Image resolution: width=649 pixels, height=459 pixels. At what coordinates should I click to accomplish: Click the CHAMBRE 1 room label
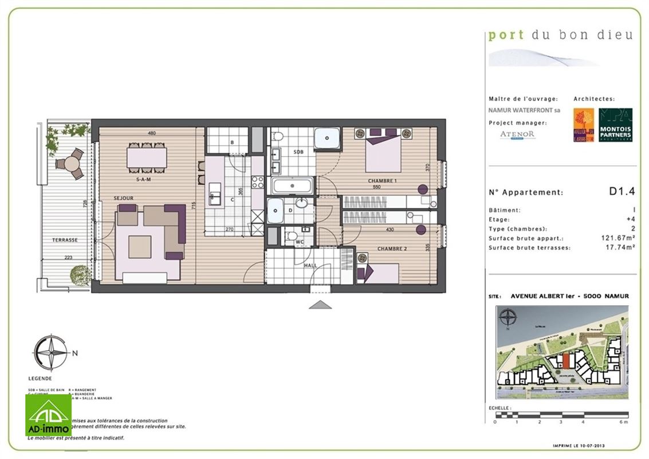click(x=382, y=181)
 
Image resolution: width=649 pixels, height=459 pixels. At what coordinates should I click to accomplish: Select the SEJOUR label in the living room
click(x=124, y=199)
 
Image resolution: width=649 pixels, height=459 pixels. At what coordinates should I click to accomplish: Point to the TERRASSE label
click(x=65, y=240)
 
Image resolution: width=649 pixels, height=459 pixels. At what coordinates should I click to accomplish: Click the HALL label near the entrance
click(x=310, y=265)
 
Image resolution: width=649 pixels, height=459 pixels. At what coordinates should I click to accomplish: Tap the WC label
click(x=299, y=242)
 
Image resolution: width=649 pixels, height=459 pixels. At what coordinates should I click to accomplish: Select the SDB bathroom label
click(x=298, y=152)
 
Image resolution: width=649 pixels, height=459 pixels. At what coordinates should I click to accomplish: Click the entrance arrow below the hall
click(x=320, y=305)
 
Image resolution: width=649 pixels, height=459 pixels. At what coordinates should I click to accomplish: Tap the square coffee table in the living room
click(x=140, y=247)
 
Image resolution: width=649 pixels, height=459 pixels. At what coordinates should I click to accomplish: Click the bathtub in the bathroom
click(x=292, y=185)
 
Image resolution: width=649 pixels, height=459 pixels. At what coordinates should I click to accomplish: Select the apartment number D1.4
click(x=622, y=192)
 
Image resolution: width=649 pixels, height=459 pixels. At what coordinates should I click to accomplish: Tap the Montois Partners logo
click(x=615, y=125)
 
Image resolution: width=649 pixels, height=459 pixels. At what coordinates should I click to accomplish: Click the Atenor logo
click(x=517, y=135)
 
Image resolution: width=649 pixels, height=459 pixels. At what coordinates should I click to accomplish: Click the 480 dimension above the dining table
click(x=152, y=133)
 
